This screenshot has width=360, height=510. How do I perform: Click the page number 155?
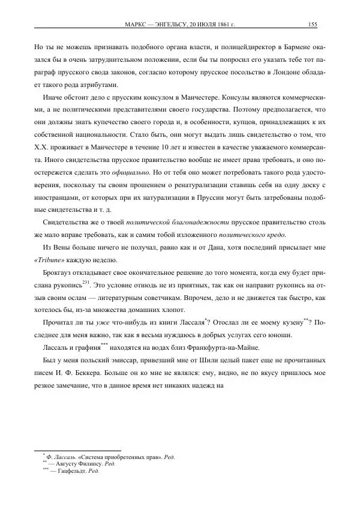(x=312, y=24)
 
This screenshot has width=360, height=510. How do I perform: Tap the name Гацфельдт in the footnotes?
(x=72, y=471)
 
